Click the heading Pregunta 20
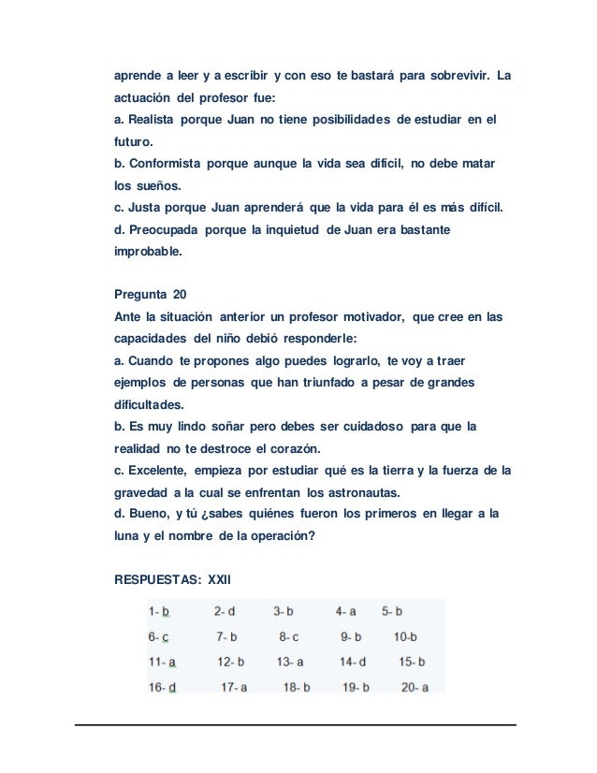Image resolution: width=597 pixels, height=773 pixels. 150,295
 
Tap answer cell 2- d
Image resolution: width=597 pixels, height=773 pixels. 225,612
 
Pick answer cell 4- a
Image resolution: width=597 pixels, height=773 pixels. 345,612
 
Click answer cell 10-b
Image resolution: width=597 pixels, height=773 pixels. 406,637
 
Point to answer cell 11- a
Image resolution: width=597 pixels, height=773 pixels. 163,662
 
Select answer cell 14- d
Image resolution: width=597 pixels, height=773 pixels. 352,662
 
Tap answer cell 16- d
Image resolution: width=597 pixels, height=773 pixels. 163,687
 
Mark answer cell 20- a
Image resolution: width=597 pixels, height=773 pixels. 415,687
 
